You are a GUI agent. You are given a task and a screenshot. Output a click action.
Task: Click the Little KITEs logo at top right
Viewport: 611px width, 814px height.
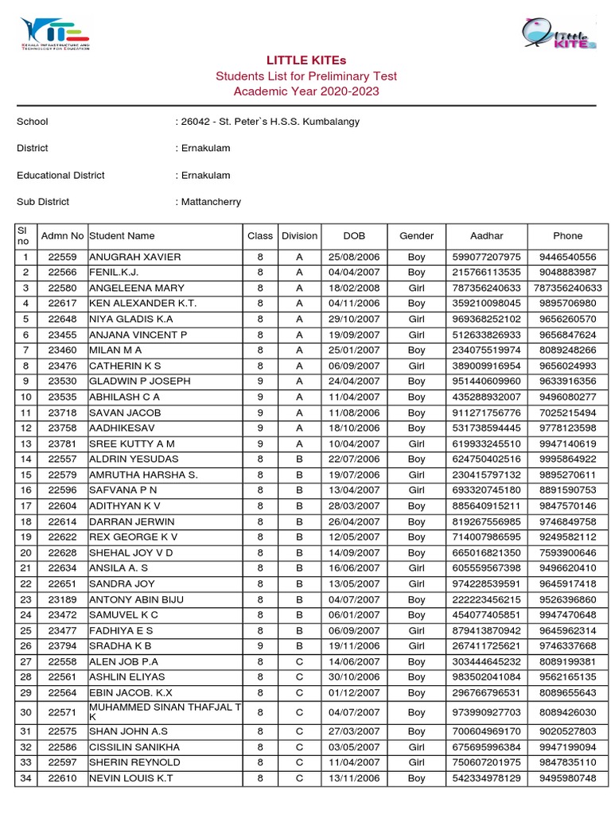pyautogui.click(x=558, y=34)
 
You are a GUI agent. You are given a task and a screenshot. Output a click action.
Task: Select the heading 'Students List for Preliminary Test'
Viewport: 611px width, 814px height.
pyautogui.click(x=306, y=76)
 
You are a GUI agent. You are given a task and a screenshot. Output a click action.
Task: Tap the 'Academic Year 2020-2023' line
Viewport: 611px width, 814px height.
pyautogui.click(x=306, y=91)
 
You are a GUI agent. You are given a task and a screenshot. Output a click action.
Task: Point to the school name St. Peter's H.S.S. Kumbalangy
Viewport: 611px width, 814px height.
pyautogui.click(x=270, y=122)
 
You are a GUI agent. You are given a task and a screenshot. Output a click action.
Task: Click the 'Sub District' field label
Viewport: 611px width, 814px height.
pyautogui.click(x=43, y=202)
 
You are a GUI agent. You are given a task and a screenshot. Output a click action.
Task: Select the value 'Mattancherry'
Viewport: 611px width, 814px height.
pyautogui.click(x=210, y=202)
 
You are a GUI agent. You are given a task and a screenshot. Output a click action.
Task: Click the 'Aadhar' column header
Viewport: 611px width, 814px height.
pyautogui.click(x=486, y=236)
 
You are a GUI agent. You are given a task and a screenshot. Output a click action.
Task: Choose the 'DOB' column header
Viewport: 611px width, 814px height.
pyautogui.click(x=354, y=236)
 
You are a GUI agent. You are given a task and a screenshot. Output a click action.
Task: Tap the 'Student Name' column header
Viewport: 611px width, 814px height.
pyautogui.click(x=123, y=236)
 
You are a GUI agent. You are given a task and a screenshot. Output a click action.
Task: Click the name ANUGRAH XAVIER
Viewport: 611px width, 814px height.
pyautogui.click(x=135, y=258)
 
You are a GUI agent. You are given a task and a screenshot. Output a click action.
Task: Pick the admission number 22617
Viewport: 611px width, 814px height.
pyautogui.click(x=62, y=304)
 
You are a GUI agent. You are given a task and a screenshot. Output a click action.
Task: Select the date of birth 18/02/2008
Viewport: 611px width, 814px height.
pyautogui.click(x=354, y=289)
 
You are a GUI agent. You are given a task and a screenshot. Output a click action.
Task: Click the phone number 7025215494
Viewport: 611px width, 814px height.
pyautogui.click(x=567, y=413)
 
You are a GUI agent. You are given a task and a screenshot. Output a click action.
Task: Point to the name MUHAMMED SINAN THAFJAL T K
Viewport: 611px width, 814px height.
pyautogui.click(x=163, y=712)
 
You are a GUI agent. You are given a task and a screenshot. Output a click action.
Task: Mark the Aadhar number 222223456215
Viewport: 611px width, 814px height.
pyautogui.click(x=486, y=600)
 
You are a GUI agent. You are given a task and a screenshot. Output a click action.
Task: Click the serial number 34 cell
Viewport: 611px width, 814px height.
pyautogui.click(x=25, y=778)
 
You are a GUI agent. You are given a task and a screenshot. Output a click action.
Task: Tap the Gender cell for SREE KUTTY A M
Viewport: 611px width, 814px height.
pyautogui.click(x=416, y=444)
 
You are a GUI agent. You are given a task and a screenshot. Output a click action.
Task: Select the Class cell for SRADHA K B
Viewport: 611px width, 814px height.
pyautogui.click(x=259, y=646)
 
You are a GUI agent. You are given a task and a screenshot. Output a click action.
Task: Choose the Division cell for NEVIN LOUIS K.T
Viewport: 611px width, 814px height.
pyautogui.click(x=299, y=778)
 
